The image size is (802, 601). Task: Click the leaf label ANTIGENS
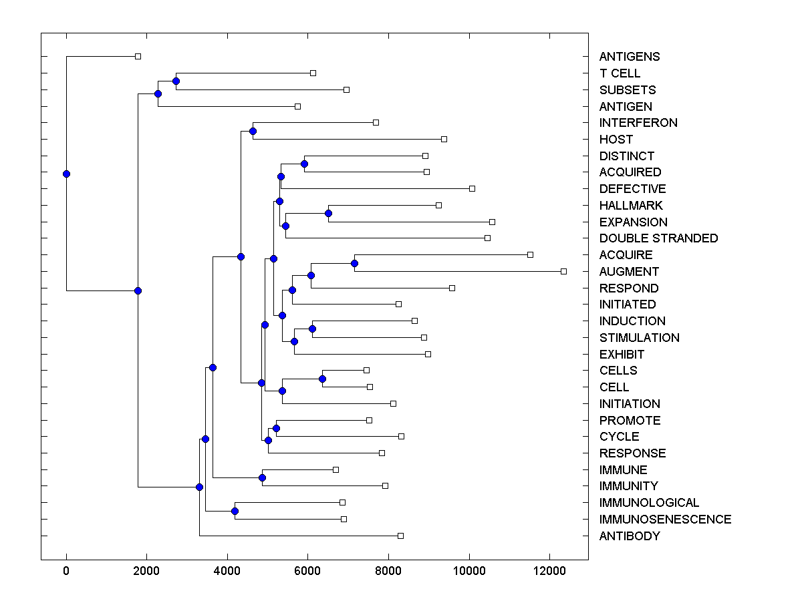pos(629,57)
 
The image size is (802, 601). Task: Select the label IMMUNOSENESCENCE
pos(665,520)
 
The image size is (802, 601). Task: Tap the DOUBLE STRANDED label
pos(658,238)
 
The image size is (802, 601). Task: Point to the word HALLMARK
pos(631,206)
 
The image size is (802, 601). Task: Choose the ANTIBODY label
pos(630,536)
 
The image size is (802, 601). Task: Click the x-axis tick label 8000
pos(388,570)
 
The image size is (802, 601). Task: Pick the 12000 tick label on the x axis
pos(549,570)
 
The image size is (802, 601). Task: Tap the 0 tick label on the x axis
pos(66,570)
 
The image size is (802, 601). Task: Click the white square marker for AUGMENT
pos(563,271)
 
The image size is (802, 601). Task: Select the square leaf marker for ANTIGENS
pos(138,56)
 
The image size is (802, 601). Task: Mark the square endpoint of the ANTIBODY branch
pos(400,536)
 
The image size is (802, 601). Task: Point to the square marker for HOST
pos(444,139)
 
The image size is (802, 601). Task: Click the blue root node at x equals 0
pos(66,174)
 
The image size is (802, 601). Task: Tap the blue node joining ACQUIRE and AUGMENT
pos(354,263)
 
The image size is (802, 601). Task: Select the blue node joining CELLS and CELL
pos(322,379)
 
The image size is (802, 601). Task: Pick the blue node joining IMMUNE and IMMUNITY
pos(262,477)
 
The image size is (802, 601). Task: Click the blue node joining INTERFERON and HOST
pos(253,131)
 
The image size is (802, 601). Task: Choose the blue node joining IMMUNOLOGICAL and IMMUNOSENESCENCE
pos(235,511)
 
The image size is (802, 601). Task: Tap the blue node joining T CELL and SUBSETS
pos(176,81)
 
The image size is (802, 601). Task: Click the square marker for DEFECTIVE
pos(472,188)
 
